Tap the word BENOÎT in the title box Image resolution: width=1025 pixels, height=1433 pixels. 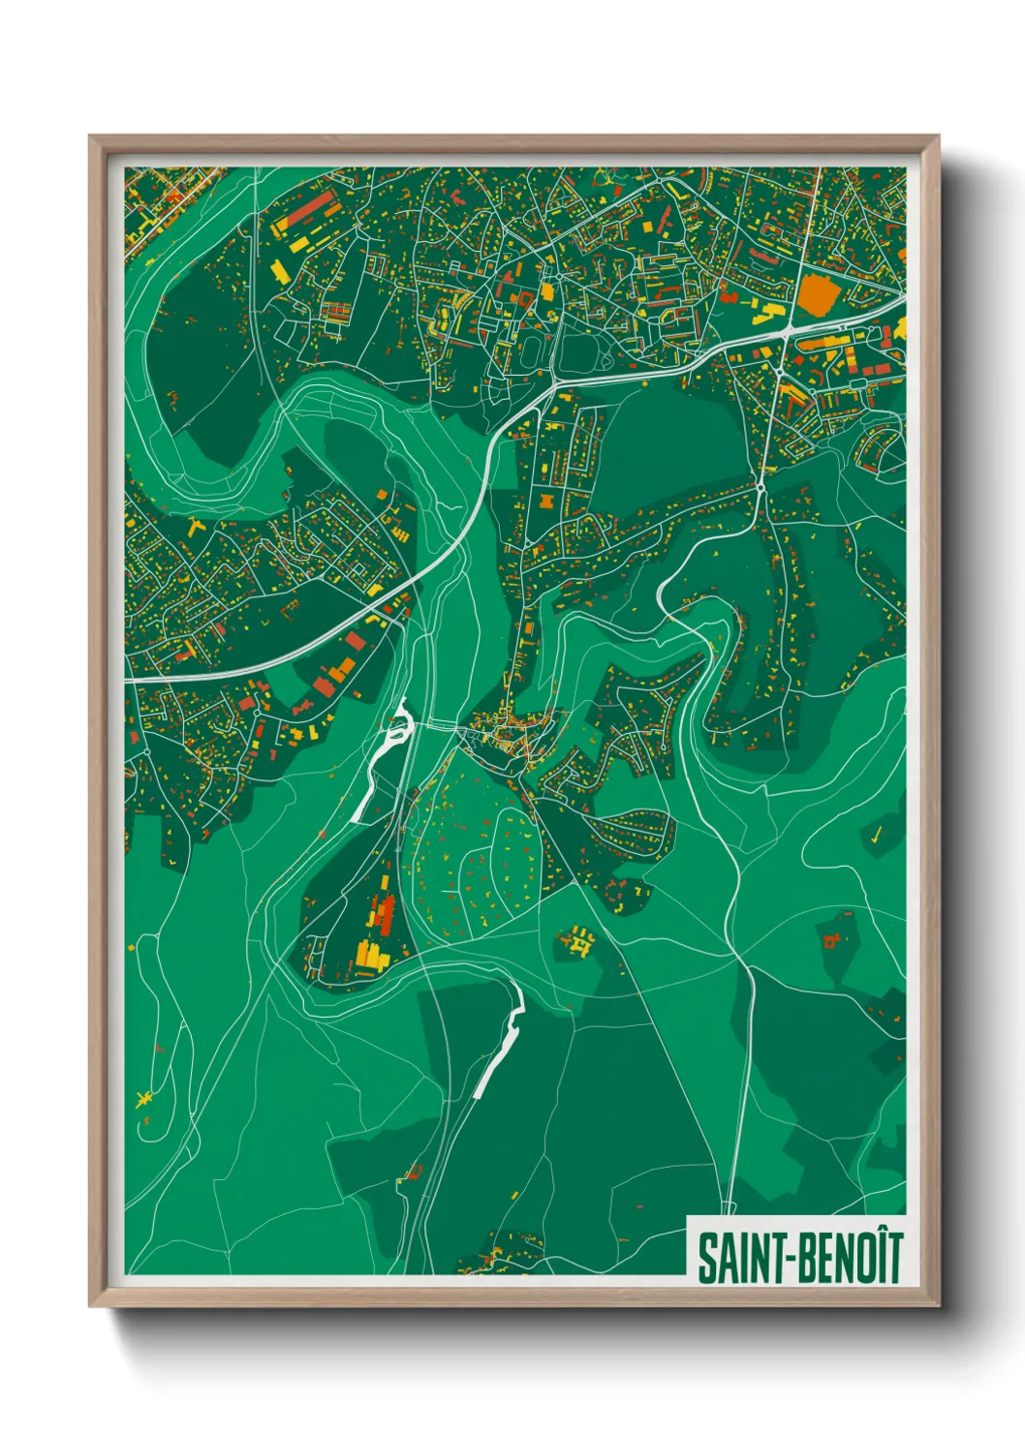coord(852,1257)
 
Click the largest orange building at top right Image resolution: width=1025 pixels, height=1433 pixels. coord(815,293)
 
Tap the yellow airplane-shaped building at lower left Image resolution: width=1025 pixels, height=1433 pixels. coord(145,1098)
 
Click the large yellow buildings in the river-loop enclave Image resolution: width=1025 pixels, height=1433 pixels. coord(371,954)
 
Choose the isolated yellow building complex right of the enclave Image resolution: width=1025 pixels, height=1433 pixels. coord(577,941)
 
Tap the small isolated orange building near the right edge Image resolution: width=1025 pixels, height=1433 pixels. coord(832,938)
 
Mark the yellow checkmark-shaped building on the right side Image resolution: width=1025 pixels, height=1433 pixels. coord(875,834)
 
